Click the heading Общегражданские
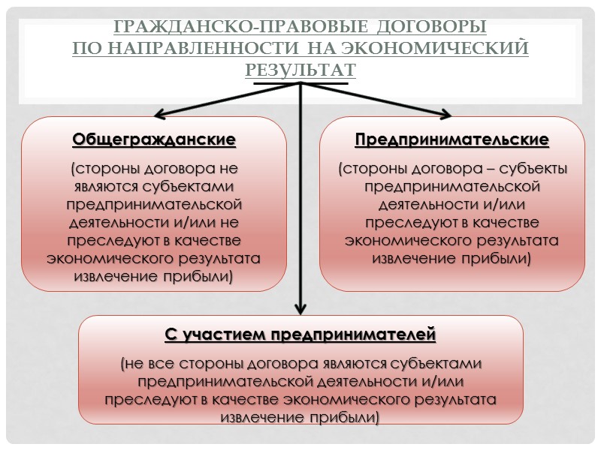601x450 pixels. point(154,139)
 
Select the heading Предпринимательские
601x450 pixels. point(452,139)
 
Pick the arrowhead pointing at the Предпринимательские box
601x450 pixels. point(445,114)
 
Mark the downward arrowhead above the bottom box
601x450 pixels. point(300,307)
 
